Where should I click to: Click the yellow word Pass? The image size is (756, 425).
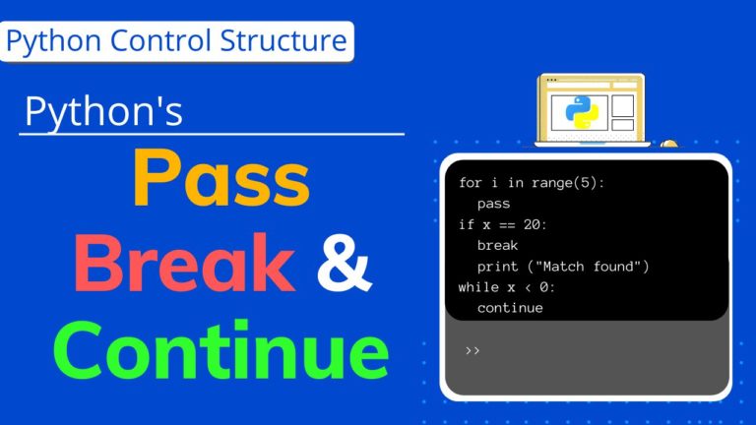220,183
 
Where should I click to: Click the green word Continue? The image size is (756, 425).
220,350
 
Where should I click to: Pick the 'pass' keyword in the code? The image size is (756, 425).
493,204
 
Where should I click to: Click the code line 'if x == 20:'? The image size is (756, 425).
502,224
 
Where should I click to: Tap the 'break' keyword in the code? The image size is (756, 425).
497,245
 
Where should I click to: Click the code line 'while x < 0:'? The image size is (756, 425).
506,287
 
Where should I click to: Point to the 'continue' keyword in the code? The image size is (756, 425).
510,308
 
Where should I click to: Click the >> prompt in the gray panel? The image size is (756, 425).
472,349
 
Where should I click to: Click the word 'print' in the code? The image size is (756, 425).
497,267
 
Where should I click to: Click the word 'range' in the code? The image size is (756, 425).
550,183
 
